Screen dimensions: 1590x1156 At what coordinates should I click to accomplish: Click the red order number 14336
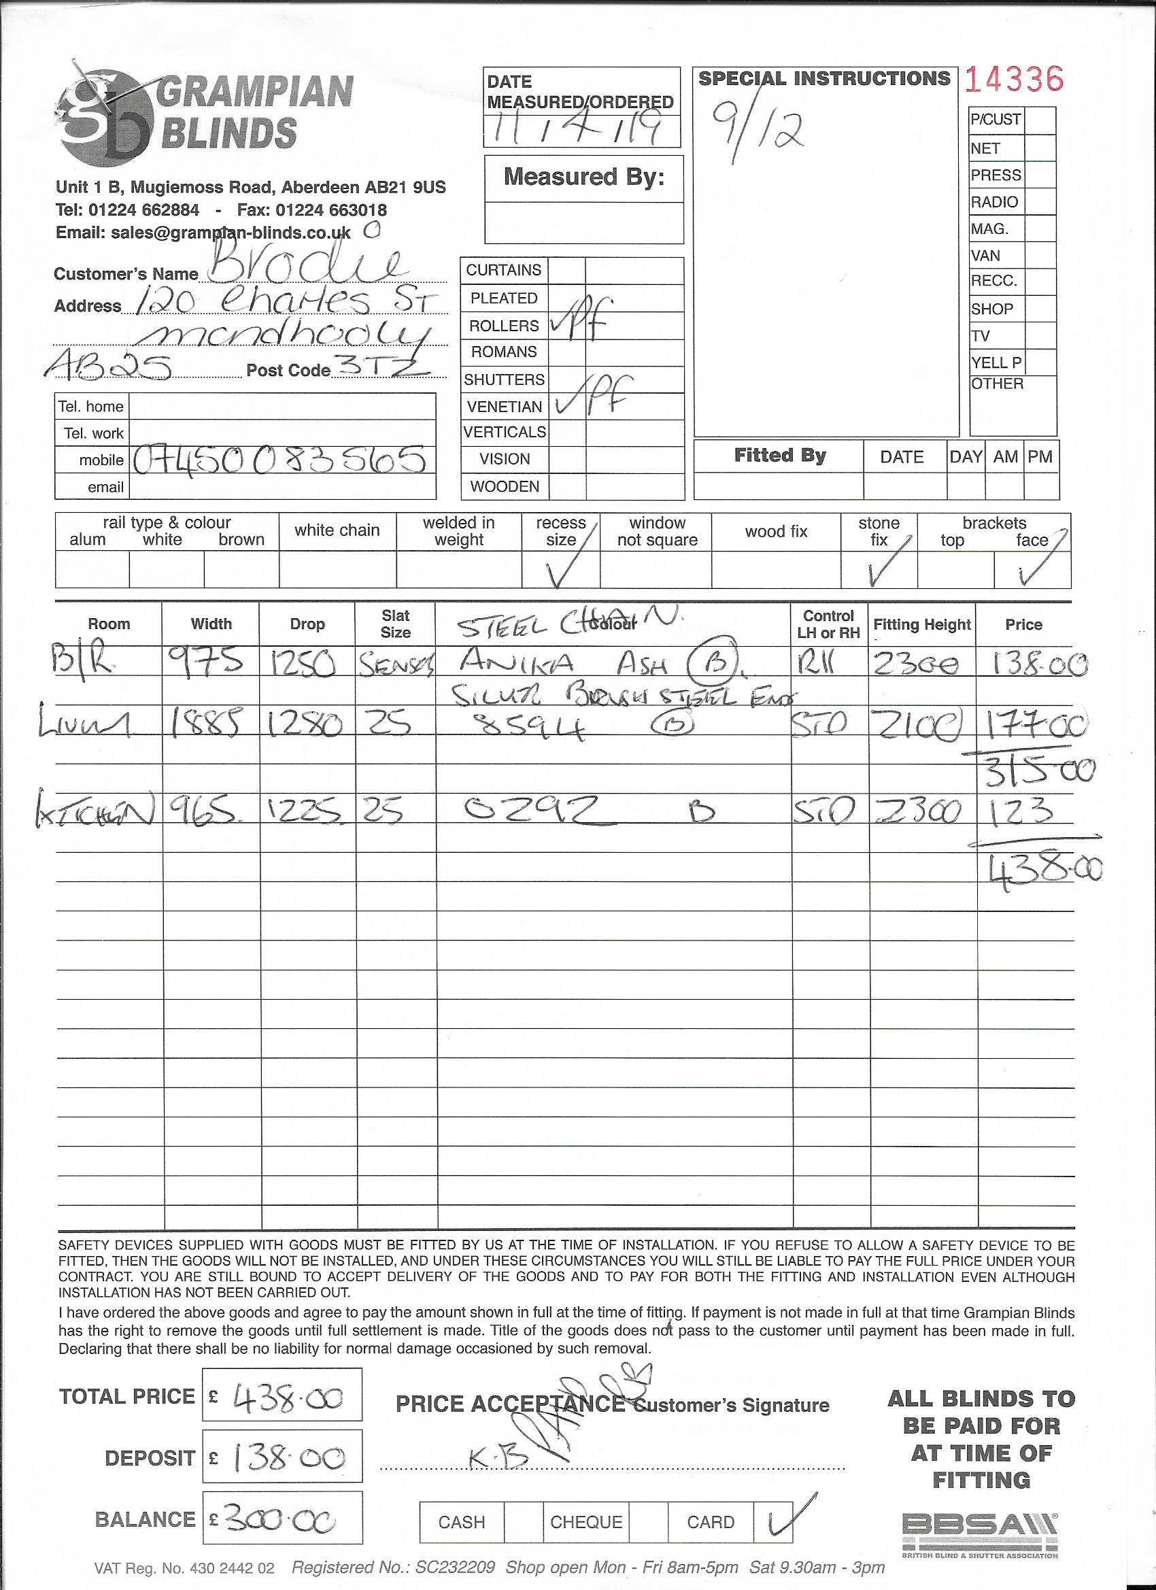click(x=1014, y=80)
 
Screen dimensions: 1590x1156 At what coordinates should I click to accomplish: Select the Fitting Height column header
click(x=921, y=624)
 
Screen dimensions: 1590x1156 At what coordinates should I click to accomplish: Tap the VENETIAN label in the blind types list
click(x=504, y=407)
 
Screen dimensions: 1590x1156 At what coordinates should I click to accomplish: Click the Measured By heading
click(x=583, y=177)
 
